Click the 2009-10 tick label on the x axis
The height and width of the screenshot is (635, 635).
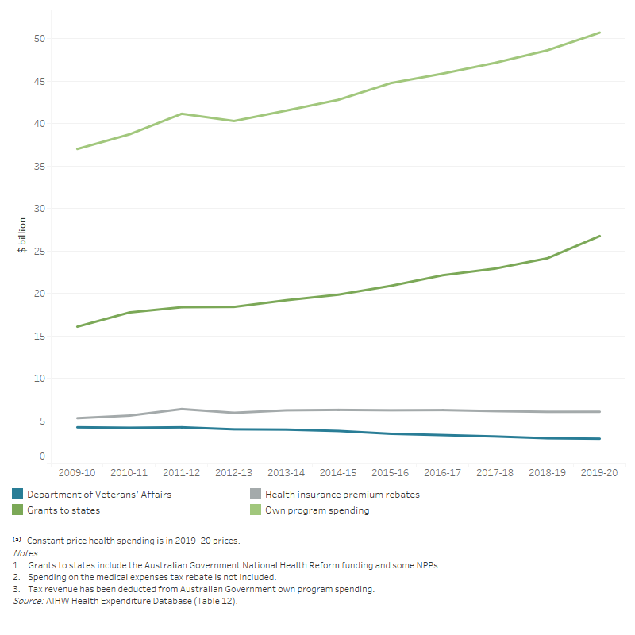[77, 471]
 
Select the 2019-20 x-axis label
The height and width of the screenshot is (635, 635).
[599, 471]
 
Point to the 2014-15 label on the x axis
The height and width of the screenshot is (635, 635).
[338, 471]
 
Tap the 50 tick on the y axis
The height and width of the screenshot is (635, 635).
[40, 39]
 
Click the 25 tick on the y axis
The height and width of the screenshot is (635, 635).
[40, 251]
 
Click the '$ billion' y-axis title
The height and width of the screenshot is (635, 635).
[22, 236]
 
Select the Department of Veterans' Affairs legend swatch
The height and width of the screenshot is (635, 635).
[17, 495]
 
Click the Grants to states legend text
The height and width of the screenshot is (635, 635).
[63, 510]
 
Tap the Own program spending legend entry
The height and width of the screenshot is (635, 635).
[317, 510]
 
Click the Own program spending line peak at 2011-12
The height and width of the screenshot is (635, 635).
[182, 114]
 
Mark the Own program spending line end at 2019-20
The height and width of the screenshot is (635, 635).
[599, 33]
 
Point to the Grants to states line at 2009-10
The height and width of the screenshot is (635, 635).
[77, 326]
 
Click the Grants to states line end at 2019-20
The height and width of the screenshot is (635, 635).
[599, 236]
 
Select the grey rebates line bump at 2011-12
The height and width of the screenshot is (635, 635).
[182, 409]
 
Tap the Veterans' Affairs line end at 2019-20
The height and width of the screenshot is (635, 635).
[599, 438]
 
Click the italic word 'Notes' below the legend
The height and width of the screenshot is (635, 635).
[25, 553]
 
